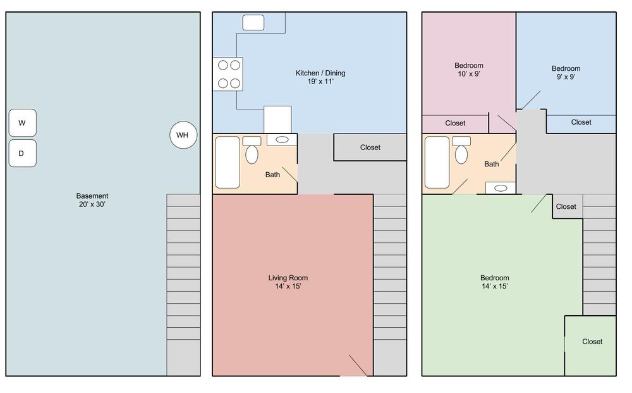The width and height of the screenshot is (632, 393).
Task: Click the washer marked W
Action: point(23,123)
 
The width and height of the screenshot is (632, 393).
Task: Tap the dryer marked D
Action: point(23,153)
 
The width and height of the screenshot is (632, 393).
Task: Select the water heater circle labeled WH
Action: point(183,135)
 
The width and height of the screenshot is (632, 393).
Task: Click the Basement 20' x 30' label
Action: point(92,200)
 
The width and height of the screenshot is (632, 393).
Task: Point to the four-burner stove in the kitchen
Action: point(228,74)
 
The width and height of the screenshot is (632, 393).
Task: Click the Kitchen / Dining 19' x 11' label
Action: point(320,77)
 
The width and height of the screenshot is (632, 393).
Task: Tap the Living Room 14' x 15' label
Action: point(288,282)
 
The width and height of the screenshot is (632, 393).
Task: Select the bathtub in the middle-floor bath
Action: point(228,162)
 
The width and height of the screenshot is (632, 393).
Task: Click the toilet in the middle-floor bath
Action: point(252,150)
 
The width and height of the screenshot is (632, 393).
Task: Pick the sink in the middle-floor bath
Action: point(282,140)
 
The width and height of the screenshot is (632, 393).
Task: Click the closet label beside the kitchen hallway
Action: point(370,147)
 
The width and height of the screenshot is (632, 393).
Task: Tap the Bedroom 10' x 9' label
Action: point(469,70)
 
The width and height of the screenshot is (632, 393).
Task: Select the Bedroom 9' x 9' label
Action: point(566,73)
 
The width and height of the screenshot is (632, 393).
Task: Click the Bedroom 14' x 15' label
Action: point(495,282)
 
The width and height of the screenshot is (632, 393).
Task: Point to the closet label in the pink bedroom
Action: point(455,123)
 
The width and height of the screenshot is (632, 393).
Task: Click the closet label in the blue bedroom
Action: point(581,122)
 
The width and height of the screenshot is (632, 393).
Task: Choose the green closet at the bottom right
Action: point(590,346)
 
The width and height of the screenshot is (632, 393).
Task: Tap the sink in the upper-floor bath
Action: point(501,188)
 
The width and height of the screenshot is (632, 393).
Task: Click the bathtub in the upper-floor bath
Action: point(437,162)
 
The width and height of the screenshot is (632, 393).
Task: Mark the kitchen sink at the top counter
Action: point(253,23)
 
